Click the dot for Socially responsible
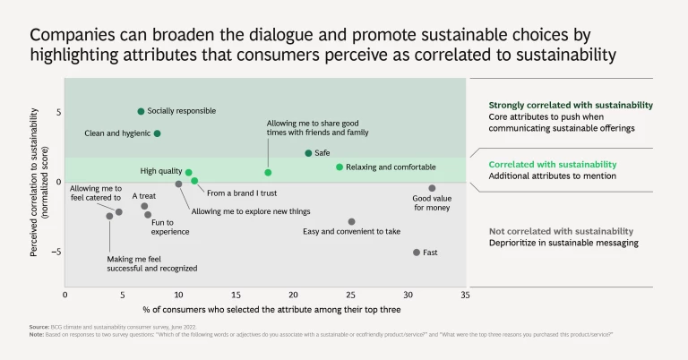[141, 111]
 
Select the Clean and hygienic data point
[158, 133]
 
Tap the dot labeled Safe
[308, 153]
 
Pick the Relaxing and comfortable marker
[340, 167]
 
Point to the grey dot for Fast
[417, 253]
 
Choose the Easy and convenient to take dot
[351, 221]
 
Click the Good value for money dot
[432, 188]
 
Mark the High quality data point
[189, 171]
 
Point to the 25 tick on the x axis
[350, 294]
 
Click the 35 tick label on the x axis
[465, 294]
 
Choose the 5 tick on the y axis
[56, 112]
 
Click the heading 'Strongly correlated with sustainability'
[571, 105]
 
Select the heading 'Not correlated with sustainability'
[561, 231]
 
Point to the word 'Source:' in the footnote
[39, 327]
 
